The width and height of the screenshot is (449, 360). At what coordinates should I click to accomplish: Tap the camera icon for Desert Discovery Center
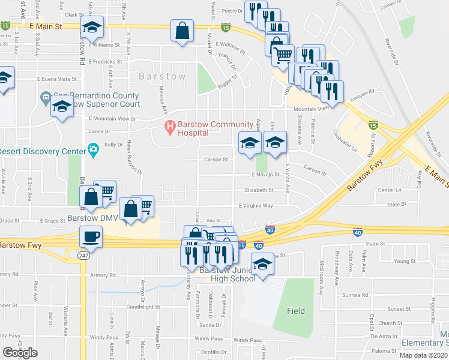pos(92,149)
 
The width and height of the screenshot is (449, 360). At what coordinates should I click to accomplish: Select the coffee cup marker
pos(91,236)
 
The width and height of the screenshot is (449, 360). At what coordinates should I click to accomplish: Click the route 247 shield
pos(82,255)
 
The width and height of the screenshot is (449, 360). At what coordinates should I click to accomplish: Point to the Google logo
pos(20,353)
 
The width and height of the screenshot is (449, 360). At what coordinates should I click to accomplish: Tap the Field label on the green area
pos(295,311)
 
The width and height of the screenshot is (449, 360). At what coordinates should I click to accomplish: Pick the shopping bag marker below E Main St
pos(182,31)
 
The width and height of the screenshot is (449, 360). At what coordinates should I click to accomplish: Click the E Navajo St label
pos(265,175)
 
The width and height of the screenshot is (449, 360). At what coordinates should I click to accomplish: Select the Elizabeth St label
pos(259,190)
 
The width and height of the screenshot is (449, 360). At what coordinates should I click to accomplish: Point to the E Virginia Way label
pos(256,205)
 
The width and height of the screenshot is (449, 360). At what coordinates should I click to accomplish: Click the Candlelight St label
pos(142,307)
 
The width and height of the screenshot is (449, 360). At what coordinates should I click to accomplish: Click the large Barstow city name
pos(162,77)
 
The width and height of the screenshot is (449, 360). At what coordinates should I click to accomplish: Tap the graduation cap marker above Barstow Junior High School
pos(262,264)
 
